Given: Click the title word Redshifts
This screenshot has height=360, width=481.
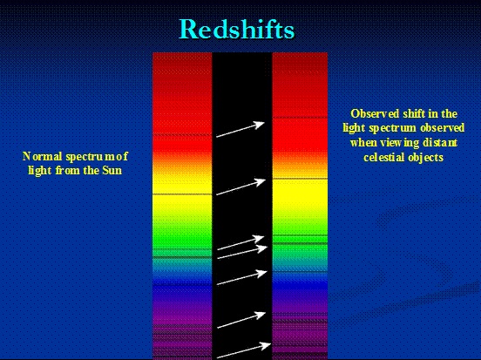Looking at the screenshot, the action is [x=236, y=29].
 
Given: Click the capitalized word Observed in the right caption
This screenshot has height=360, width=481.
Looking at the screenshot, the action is [x=375, y=113].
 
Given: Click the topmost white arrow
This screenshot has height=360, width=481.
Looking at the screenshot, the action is [x=240, y=129].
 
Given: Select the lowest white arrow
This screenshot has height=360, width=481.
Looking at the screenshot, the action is [x=244, y=350].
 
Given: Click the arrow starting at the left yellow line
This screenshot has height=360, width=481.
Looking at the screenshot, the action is [x=240, y=187].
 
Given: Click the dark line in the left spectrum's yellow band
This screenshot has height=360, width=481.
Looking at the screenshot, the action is [x=182, y=194].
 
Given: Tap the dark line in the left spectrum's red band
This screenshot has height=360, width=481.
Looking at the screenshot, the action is [x=182, y=135].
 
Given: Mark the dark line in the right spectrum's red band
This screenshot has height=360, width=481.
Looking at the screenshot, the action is [x=300, y=117].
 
